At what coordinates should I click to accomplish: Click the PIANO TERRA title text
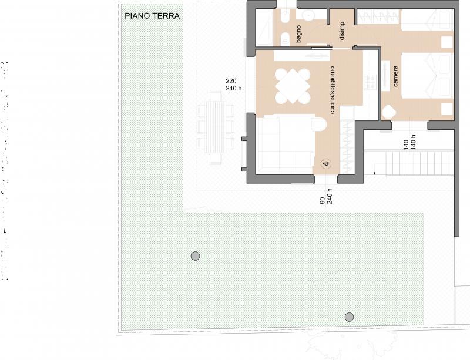point(152,16)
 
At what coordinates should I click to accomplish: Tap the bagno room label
point(298,34)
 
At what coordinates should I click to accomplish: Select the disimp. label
point(342,31)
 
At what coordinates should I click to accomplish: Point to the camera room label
point(395,76)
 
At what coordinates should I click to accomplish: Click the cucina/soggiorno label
point(332,90)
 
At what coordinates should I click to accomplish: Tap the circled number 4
point(326,164)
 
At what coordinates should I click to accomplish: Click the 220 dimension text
point(231,81)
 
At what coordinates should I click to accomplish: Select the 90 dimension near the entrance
point(323,200)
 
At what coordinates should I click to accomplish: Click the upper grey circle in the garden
point(196,256)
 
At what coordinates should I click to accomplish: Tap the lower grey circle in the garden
point(349,317)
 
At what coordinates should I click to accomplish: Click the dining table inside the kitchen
point(293,86)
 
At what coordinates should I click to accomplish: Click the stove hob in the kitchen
point(370,82)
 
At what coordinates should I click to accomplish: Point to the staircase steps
point(419,163)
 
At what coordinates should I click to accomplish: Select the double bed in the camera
point(427,76)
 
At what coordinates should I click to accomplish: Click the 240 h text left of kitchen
point(234,89)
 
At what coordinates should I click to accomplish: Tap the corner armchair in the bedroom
point(390,112)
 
